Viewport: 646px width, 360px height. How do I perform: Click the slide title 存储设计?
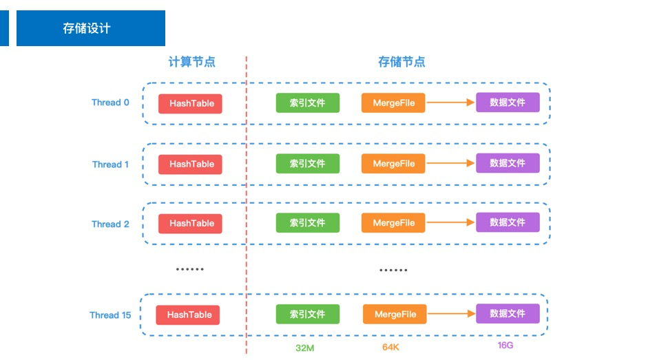tap(87, 28)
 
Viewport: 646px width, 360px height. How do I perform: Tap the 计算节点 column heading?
tap(192, 62)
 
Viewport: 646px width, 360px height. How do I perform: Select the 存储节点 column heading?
tap(402, 62)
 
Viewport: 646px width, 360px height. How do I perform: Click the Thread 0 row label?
tap(110, 103)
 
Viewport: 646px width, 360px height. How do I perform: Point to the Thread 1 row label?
tap(110, 165)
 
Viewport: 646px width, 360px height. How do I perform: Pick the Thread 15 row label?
tap(110, 315)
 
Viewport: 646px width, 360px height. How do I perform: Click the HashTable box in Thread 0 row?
tap(191, 103)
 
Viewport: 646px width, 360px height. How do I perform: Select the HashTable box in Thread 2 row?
tap(191, 223)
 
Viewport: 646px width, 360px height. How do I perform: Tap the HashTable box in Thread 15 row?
tap(189, 315)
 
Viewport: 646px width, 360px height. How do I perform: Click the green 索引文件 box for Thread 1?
tap(307, 164)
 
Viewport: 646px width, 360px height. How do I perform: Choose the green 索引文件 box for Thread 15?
tap(307, 314)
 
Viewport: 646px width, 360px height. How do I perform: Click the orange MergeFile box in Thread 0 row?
tap(393, 103)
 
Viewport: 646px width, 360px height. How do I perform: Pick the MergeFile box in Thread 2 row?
tap(393, 223)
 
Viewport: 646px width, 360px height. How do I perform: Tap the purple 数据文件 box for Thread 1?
tap(508, 163)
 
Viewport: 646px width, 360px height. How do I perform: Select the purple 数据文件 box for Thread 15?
tap(508, 313)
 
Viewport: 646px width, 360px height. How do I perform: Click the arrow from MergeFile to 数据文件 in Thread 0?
tap(450, 103)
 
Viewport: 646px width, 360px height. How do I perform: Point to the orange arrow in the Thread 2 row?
tap(450, 223)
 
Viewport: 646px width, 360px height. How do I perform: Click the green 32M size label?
tap(305, 348)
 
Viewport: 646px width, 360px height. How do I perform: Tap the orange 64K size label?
tap(390, 347)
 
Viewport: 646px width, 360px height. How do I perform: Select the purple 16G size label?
tap(505, 345)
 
